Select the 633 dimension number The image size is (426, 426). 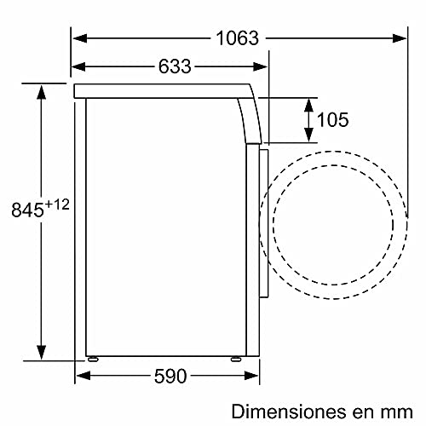pyautogui.click(x=174, y=66)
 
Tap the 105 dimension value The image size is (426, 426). pyautogui.click(x=332, y=120)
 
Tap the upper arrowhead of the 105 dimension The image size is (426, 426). pyautogui.click(x=306, y=102)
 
